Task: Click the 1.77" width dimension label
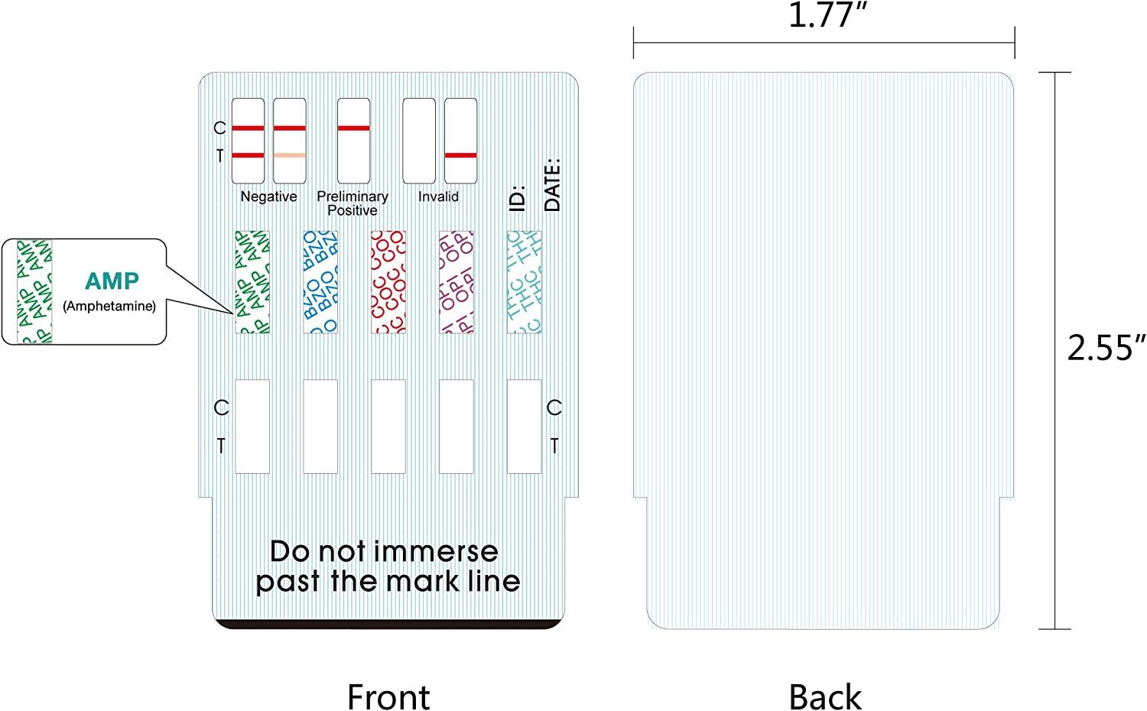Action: pos(822,15)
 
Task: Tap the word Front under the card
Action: pos(388,696)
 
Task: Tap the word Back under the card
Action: pos(824,696)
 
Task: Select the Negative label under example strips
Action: pos(268,196)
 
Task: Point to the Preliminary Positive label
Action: pos(353,203)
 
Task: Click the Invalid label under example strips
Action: pos(438,196)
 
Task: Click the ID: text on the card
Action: pos(518,197)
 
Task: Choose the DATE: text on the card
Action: pos(552,184)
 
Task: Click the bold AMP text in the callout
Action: pos(112,281)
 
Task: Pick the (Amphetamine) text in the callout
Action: pos(109,307)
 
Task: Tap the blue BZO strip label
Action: pos(320,282)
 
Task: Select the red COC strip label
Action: pos(388,282)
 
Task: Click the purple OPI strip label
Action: pos(457,282)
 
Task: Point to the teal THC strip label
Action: pos(525,282)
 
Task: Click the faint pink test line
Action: pos(290,155)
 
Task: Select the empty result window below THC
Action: pos(525,427)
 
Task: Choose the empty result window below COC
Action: pos(388,427)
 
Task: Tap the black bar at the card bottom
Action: pos(388,625)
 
